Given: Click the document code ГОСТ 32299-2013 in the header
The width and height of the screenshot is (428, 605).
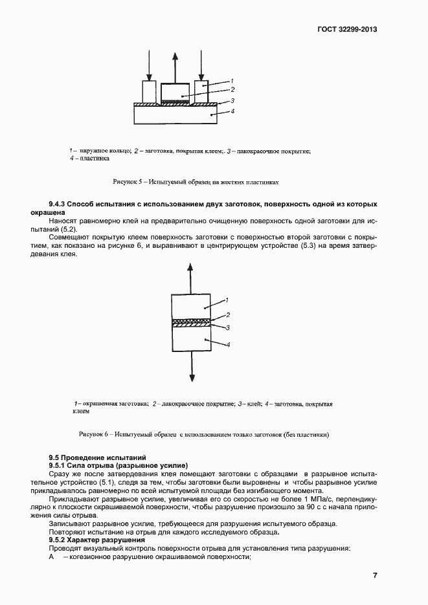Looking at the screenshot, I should (347, 30).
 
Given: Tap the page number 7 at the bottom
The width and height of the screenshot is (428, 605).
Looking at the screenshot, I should (375, 576).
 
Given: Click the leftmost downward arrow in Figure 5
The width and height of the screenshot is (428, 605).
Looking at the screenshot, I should (149, 65).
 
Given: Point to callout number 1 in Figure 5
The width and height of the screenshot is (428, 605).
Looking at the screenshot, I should (231, 81).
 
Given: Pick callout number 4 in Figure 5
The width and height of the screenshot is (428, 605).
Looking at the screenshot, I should (232, 112).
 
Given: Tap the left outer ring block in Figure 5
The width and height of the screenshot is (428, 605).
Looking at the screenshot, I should (150, 91).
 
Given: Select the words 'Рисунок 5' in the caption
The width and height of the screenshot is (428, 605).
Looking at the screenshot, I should (128, 181).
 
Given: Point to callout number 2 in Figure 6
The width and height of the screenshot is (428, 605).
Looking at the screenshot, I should (228, 315).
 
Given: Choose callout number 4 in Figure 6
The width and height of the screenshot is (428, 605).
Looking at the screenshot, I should (228, 346).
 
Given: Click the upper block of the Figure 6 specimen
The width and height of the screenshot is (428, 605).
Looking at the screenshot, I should (190, 305).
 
